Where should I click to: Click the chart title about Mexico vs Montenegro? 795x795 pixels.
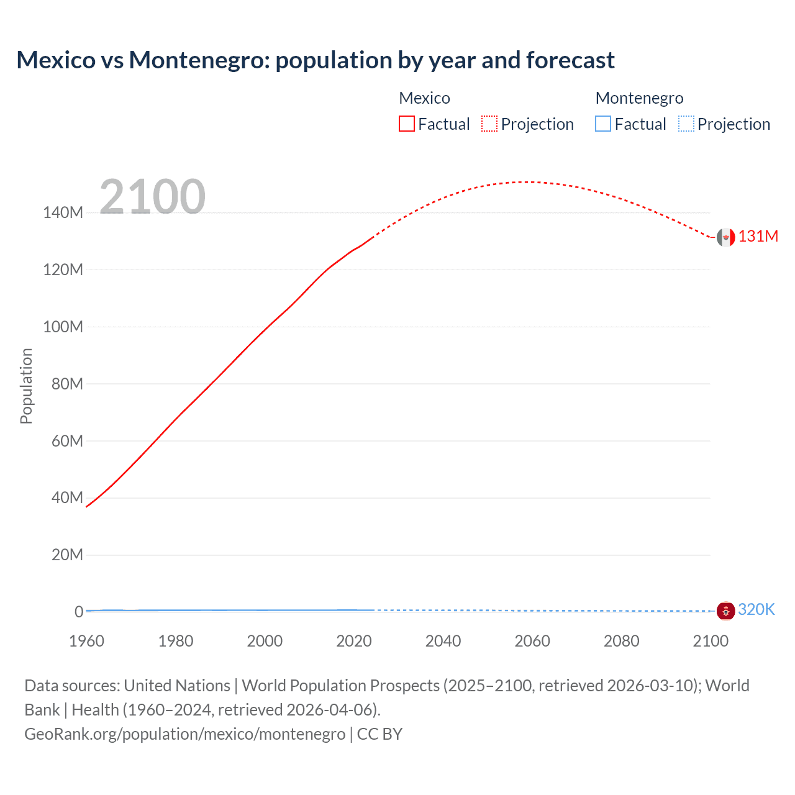click(316, 60)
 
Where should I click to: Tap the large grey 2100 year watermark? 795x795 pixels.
click(152, 196)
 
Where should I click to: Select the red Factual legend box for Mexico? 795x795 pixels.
click(407, 124)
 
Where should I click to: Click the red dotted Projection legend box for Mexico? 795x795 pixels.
click(489, 124)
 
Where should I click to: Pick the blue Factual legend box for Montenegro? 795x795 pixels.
click(603, 124)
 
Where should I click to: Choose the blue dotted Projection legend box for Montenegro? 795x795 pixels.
click(686, 124)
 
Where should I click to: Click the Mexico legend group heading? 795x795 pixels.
click(424, 98)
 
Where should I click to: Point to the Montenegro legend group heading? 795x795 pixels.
click(639, 98)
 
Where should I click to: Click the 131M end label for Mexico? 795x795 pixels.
click(758, 237)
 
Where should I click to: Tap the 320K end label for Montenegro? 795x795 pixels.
click(756, 609)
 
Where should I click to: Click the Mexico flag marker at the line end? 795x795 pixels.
click(725, 237)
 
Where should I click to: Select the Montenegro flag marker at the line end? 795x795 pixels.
click(725, 611)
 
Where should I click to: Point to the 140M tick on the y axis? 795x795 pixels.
click(63, 212)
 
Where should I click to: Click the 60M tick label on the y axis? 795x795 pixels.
click(66, 441)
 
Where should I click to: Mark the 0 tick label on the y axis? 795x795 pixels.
click(79, 612)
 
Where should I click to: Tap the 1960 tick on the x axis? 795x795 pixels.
click(86, 641)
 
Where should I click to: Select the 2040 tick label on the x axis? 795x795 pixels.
click(443, 641)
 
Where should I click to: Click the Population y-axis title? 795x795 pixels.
click(26, 386)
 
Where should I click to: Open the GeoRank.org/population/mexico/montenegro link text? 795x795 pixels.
click(184, 734)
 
